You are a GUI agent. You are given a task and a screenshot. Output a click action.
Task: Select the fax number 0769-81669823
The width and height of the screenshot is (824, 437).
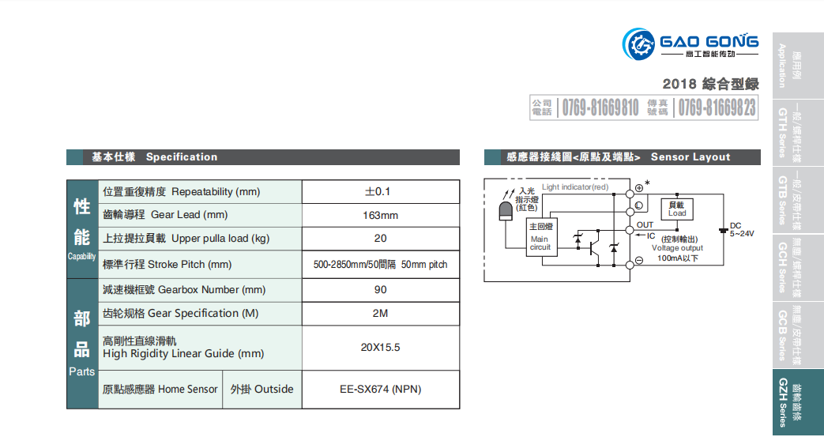click(717, 107)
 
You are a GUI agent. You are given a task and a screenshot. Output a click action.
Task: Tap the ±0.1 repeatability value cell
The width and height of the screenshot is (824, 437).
click(380, 192)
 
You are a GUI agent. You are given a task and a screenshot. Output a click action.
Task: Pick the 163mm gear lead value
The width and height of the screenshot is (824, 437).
click(380, 216)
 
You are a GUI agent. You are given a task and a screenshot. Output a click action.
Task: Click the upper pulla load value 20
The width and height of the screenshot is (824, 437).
click(380, 239)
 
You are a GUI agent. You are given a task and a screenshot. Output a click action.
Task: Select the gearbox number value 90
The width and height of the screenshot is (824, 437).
click(380, 290)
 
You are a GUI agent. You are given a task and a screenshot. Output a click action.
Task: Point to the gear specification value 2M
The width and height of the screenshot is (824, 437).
click(380, 314)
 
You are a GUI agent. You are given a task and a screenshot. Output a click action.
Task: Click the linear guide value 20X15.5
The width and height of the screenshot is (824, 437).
click(380, 348)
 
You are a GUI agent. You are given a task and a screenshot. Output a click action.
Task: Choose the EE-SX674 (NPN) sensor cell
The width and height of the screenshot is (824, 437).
click(380, 390)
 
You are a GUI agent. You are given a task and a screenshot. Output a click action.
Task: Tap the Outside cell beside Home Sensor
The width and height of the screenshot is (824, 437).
click(261, 390)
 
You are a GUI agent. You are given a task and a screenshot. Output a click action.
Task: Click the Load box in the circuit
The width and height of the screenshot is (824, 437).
click(677, 209)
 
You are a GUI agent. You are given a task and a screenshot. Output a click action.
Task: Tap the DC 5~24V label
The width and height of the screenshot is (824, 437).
click(741, 229)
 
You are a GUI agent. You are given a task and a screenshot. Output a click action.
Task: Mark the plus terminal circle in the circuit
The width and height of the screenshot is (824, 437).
click(638, 188)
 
